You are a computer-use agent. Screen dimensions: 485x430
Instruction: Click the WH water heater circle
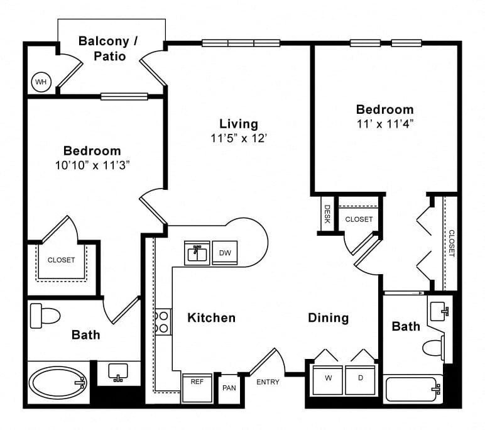pyautogui.click(x=41, y=82)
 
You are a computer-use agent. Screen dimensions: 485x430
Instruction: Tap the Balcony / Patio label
pyautogui.click(x=109, y=48)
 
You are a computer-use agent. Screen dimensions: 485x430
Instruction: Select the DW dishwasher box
pyautogui.click(x=225, y=253)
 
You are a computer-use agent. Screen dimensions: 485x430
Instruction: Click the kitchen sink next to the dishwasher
pyautogui.click(x=197, y=253)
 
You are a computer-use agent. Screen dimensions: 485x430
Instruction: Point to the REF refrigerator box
pyautogui.click(x=197, y=388)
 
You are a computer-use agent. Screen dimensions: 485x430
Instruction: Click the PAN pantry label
pyautogui.click(x=229, y=388)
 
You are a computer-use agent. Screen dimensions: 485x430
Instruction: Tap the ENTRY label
pyautogui.click(x=268, y=382)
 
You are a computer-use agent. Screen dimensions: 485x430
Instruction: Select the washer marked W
pyautogui.click(x=328, y=380)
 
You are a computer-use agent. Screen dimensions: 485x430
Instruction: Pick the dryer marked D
pyautogui.click(x=361, y=380)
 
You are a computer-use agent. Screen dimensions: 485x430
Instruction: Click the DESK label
pyautogui.click(x=327, y=214)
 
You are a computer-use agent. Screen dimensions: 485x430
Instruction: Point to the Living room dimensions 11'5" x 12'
pyautogui.click(x=239, y=138)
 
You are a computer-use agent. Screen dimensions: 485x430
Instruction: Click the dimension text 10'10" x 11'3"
pyautogui.click(x=92, y=165)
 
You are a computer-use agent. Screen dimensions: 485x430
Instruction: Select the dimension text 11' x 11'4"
pyautogui.click(x=385, y=124)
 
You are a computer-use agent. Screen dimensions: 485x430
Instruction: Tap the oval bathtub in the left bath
pyautogui.click(x=58, y=383)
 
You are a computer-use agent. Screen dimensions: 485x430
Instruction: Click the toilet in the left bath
pyautogui.click(x=45, y=316)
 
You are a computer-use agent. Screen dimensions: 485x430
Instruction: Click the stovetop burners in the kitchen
pyautogui.click(x=163, y=322)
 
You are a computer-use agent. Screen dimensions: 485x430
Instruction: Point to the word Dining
pyautogui.click(x=329, y=318)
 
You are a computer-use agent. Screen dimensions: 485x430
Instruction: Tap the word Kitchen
pyautogui.click(x=212, y=318)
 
